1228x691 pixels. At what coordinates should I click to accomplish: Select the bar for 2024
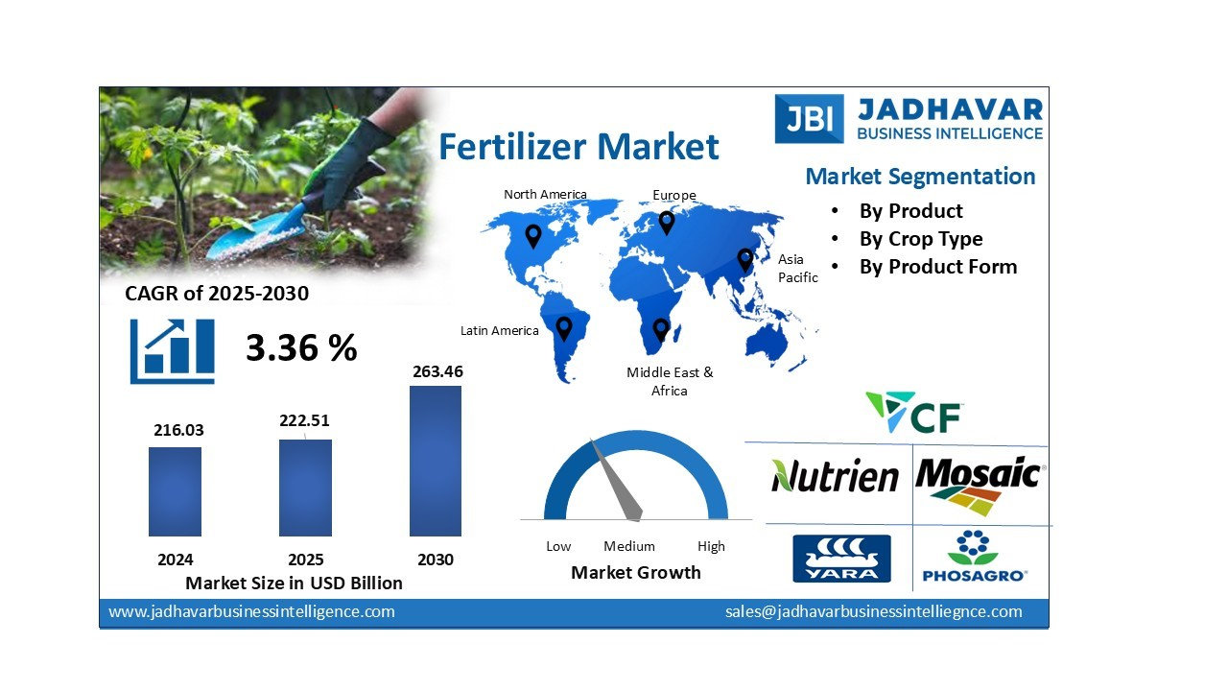pyautogui.click(x=175, y=491)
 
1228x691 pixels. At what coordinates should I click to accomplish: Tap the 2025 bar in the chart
pyautogui.click(x=305, y=488)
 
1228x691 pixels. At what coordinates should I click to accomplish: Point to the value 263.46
pyautogui.click(x=437, y=370)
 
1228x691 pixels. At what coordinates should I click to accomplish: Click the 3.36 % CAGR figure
pyautogui.click(x=301, y=347)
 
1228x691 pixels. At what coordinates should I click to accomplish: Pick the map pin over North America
pyautogui.click(x=533, y=235)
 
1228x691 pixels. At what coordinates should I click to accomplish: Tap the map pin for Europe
pyautogui.click(x=666, y=222)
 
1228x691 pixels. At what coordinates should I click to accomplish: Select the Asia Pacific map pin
pyautogui.click(x=745, y=259)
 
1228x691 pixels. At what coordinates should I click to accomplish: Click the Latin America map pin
pyautogui.click(x=564, y=328)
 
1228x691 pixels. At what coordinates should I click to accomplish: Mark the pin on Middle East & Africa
pyautogui.click(x=660, y=329)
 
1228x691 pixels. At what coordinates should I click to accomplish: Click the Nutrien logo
pyautogui.click(x=835, y=476)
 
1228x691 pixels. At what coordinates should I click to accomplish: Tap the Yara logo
pyautogui.click(x=841, y=559)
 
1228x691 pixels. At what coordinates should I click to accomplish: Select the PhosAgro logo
pyautogui.click(x=974, y=557)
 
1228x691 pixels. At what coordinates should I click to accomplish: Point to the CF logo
pyautogui.click(x=914, y=412)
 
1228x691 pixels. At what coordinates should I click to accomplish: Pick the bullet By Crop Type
pyautogui.click(x=920, y=239)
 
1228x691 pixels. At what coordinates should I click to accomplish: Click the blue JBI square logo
pyautogui.click(x=809, y=118)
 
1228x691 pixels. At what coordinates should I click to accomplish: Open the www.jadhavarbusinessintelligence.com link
pyautogui.click(x=251, y=611)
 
